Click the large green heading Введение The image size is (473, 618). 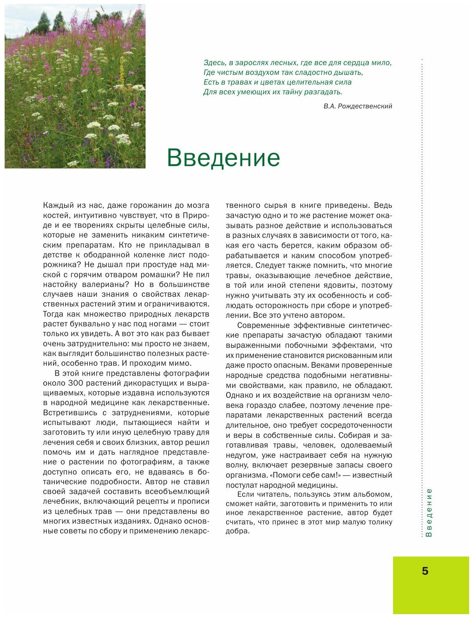point(223,158)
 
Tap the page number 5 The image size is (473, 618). point(425,571)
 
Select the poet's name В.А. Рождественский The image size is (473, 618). point(358,106)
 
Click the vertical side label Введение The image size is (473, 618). point(429,512)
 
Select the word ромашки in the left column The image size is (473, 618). point(161,274)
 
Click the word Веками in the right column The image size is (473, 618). point(319,365)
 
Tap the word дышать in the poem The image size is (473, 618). point(349,73)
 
